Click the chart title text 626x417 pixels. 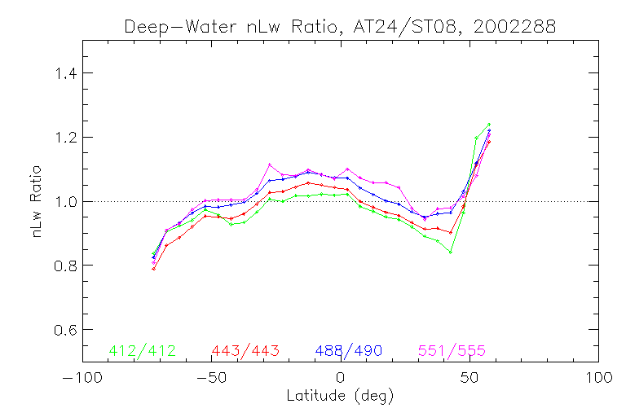click(x=340, y=26)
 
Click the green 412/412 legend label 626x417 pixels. click(x=141, y=351)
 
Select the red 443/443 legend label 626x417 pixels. click(x=245, y=351)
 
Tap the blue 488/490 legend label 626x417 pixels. click(x=349, y=351)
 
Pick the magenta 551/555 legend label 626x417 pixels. click(x=452, y=351)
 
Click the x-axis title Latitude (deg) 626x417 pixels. click(x=340, y=397)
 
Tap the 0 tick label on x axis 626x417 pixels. click(x=340, y=379)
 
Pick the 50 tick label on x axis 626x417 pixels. click(x=469, y=379)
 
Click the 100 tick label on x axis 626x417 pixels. click(x=598, y=379)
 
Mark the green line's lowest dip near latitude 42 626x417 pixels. click(x=450, y=252)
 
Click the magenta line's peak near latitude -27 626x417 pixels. click(x=270, y=165)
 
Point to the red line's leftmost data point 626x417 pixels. click(x=153, y=268)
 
